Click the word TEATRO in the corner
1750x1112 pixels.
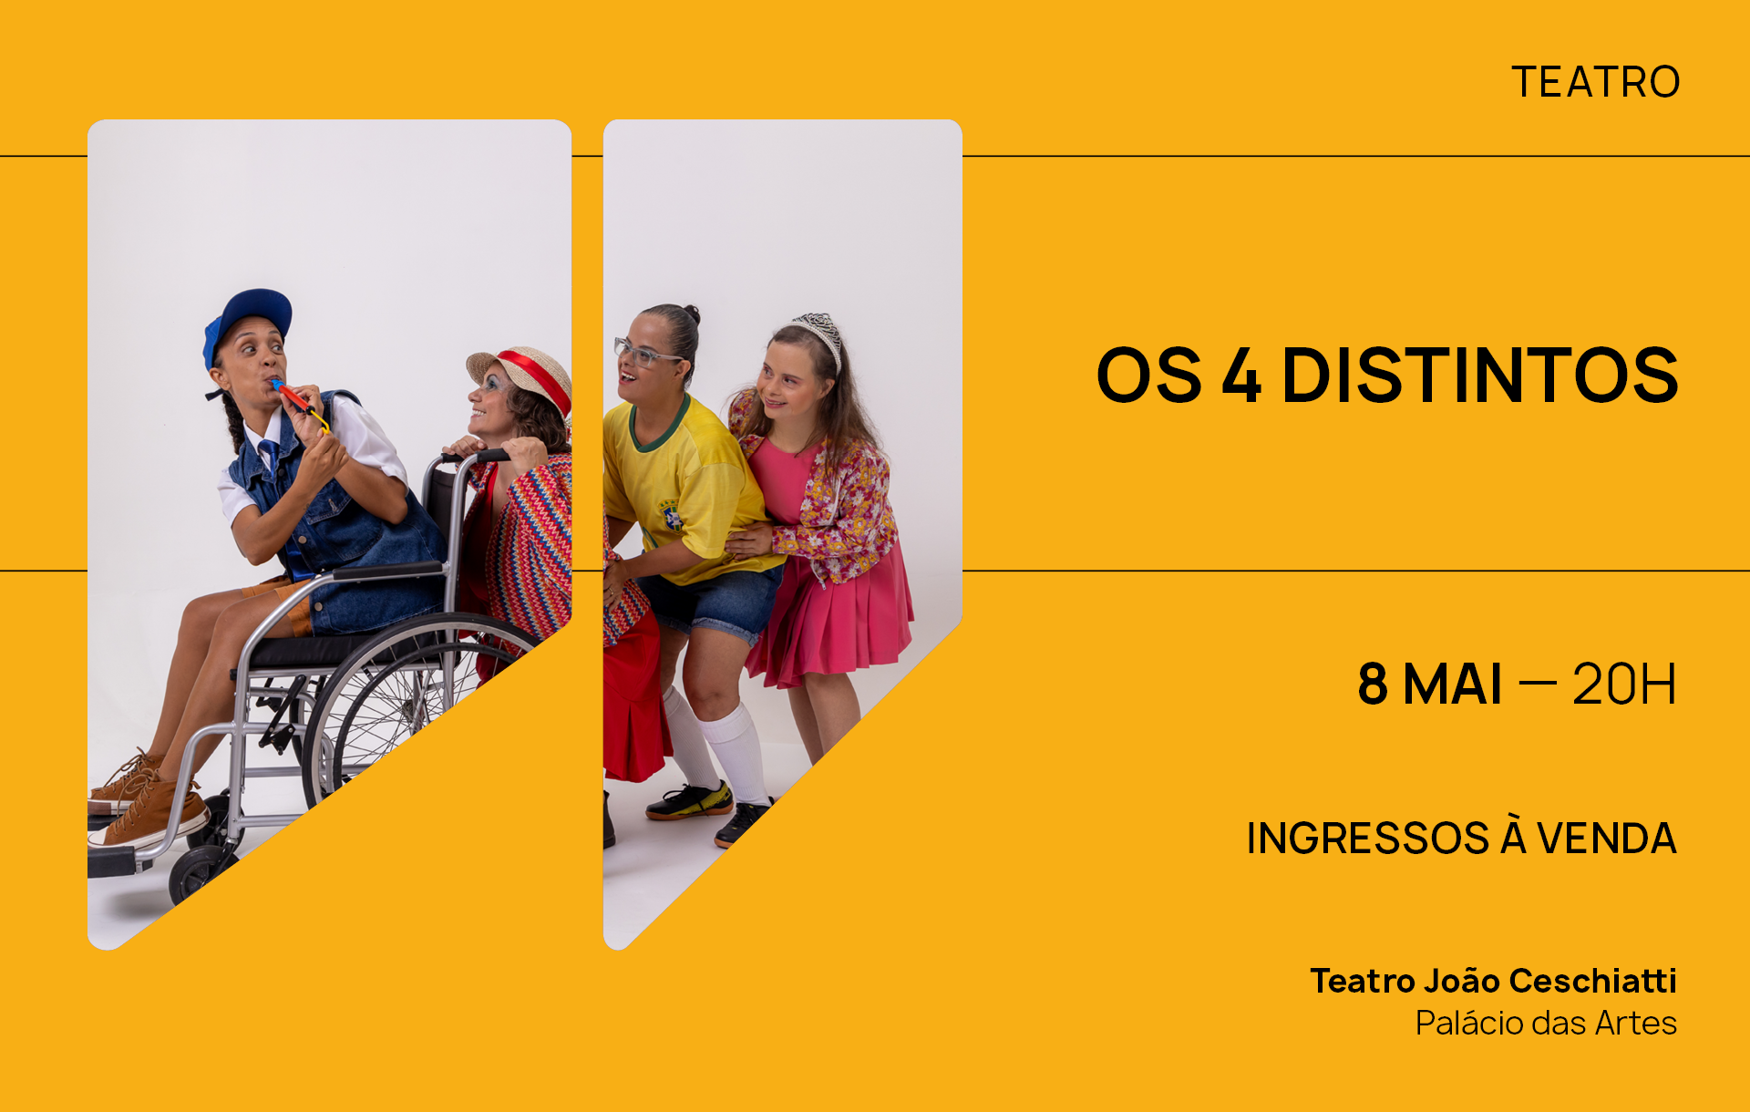pos(1596,82)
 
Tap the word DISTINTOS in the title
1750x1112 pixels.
pos(1479,375)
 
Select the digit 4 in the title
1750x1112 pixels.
pos(1241,375)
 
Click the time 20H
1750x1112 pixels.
pos(1624,685)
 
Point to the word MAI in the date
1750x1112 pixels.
pos(1452,685)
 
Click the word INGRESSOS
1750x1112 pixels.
pos(1367,839)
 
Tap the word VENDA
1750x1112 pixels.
pos(1607,839)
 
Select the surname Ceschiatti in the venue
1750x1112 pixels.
pos(1592,981)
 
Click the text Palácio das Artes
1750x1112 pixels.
pos(1546,1024)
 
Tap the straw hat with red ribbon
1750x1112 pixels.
pos(522,374)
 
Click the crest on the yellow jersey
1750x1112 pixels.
pos(671,517)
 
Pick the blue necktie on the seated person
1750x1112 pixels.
pos(270,455)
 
